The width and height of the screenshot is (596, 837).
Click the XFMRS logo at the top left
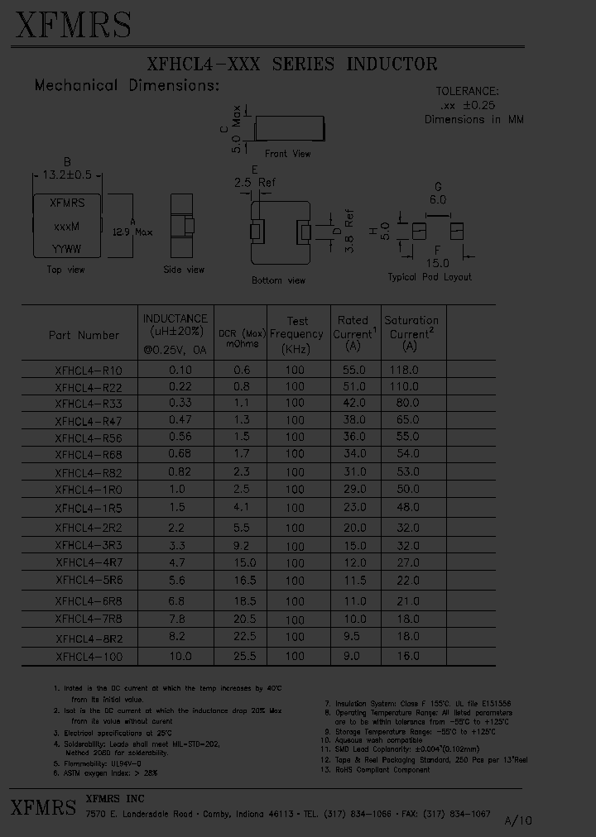[73, 25]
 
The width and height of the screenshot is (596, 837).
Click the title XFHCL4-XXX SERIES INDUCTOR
[291, 65]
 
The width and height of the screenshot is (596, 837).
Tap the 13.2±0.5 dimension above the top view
[67, 175]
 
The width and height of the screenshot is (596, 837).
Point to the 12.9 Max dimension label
[132, 233]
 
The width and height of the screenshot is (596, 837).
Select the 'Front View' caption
[288, 154]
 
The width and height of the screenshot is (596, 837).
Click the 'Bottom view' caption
[279, 280]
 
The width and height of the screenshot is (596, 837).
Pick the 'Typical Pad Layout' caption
[430, 277]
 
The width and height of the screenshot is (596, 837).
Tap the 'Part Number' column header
[84, 335]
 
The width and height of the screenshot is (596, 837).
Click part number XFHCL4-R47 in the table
[88, 421]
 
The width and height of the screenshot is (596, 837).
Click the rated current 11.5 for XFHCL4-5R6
[353, 581]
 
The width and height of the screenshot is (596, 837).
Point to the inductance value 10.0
[180, 656]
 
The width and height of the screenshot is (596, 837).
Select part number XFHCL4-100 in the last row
[88, 657]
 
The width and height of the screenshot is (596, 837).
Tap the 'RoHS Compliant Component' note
[382, 770]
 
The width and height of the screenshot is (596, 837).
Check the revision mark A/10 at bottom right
[519, 820]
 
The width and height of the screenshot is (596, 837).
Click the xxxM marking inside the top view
[66, 226]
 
